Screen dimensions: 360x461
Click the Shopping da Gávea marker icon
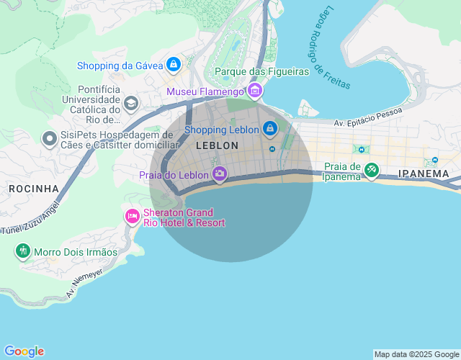173,66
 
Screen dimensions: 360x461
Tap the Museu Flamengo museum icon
254,91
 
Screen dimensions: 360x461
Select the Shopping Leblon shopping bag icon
269,130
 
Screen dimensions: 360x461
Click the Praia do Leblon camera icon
220,174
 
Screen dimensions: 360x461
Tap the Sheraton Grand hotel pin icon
132,215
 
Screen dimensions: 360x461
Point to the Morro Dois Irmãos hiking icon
23,251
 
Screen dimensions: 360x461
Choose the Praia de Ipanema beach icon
371,171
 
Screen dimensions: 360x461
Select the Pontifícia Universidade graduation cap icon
130,104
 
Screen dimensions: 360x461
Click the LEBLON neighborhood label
216,145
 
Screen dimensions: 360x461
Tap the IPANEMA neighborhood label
423,174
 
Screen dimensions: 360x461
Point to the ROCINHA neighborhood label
33,189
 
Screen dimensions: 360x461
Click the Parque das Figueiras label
261,71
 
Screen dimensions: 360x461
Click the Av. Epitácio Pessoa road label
367,119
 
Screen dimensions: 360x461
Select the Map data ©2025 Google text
416,354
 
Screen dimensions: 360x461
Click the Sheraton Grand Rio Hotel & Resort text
184,217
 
